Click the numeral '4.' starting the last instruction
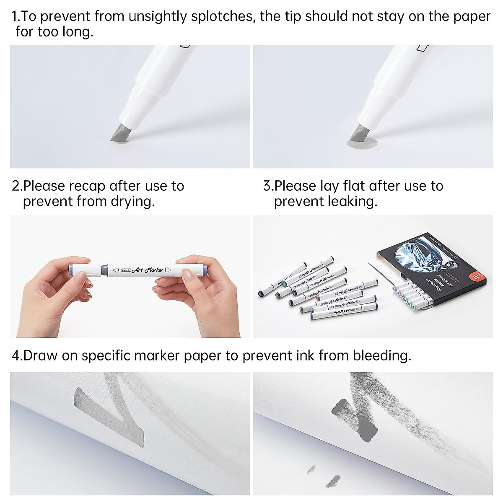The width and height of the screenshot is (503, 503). (17, 356)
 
